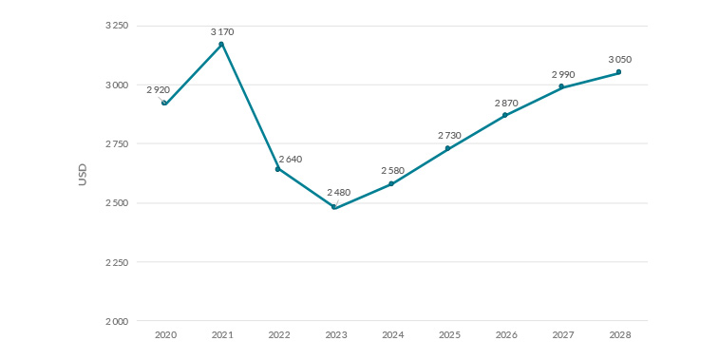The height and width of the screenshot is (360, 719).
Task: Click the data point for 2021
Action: pyautogui.click(x=221, y=44)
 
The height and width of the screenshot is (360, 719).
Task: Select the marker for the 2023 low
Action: pyautogui.click(x=334, y=207)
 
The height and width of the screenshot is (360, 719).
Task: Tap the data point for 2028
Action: pyautogui.click(x=618, y=72)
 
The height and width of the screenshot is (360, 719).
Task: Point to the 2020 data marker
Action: pyautogui.click(x=164, y=103)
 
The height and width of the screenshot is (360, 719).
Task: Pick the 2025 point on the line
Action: pyautogui.click(x=448, y=148)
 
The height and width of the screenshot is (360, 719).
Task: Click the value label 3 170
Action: pyautogui.click(x=222, y=31)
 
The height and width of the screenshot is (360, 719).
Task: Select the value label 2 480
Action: pyautogui.click(x=339, y=192)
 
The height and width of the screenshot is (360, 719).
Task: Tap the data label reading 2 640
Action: pyautogui.click(x=291, y=159)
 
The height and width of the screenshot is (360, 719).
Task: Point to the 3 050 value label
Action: pyautogui.click(x=620, y=59)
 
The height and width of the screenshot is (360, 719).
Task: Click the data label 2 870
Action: pyautogui.click(x=506, y=102)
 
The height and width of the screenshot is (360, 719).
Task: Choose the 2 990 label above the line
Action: pyautogui.click(x=563, y=74)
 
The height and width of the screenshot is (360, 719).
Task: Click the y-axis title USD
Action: pyautogui.click(x=83, y=174)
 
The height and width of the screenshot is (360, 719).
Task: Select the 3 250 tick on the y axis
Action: pyautogui.click(x=117, y=26)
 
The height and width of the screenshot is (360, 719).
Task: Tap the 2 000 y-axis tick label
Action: pyautogui.click(x=117, y=321)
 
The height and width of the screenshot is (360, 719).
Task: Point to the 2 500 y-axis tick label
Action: pyautogui.click(x=117, y=203)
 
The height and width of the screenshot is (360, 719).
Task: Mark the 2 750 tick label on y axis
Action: pyautogui.click(x=117, y=143)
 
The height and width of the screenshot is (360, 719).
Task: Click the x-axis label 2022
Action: pyautogui.click(x=278, y=335)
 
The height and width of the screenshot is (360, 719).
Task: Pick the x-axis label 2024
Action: pyautogui.click(x=391, y=335)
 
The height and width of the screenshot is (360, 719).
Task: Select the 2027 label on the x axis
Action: pyautogui.click(x=562, y=335)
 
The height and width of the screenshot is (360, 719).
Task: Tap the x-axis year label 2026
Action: pyautogui.click(x=505, y=335)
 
